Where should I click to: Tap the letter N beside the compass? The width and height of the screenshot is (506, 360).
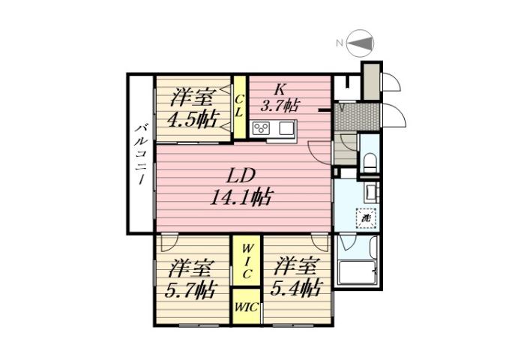point(340,43)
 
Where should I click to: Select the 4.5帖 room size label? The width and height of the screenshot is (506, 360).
point(193,118)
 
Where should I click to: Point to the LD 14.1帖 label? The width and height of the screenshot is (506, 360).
point(241,197)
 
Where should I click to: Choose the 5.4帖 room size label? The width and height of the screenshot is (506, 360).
point(295,288)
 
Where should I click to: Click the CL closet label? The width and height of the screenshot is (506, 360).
point(239,106)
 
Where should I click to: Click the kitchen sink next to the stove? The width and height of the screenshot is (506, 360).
point(286,128)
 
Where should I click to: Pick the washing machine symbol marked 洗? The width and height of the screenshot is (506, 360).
point(366,218)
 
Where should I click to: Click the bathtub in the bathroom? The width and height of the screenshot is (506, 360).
point(355,273)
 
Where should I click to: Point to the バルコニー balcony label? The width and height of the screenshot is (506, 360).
point(140,157)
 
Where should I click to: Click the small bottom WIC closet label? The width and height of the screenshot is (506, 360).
point(245,307)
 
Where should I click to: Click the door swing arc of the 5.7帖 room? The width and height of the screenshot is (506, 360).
point(169,244)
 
